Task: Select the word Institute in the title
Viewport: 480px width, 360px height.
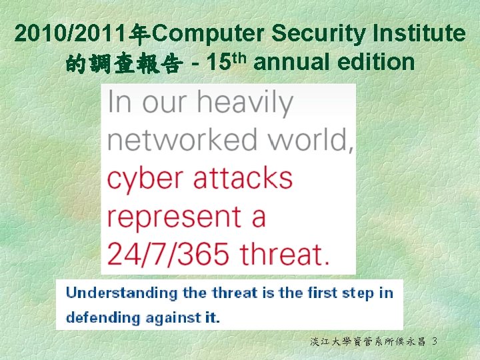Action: [x=418, y=33]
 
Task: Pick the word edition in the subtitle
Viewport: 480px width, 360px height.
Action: [x=377, y=63]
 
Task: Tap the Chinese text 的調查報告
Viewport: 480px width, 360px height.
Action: [x=123, y=64]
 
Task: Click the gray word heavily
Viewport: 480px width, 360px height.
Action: [x=245, y=103]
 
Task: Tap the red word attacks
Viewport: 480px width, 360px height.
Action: [x=243, y=178]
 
